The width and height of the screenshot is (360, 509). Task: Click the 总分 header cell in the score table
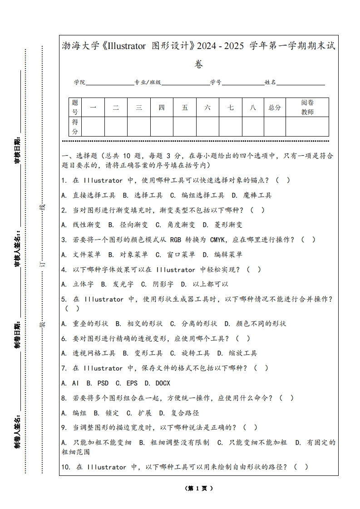click(x=275, y=108)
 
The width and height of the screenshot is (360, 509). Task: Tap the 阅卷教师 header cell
click(x=307, y=108)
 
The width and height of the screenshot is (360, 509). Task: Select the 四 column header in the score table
click(x=162, y=108)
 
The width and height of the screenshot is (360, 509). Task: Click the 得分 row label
click(x=75, y=127)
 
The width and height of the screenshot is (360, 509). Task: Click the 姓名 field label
click(x=270, y=83)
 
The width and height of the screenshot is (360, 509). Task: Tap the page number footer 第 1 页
click(x=199, y=489)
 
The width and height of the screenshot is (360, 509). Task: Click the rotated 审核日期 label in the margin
click(x=18, y=150)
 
